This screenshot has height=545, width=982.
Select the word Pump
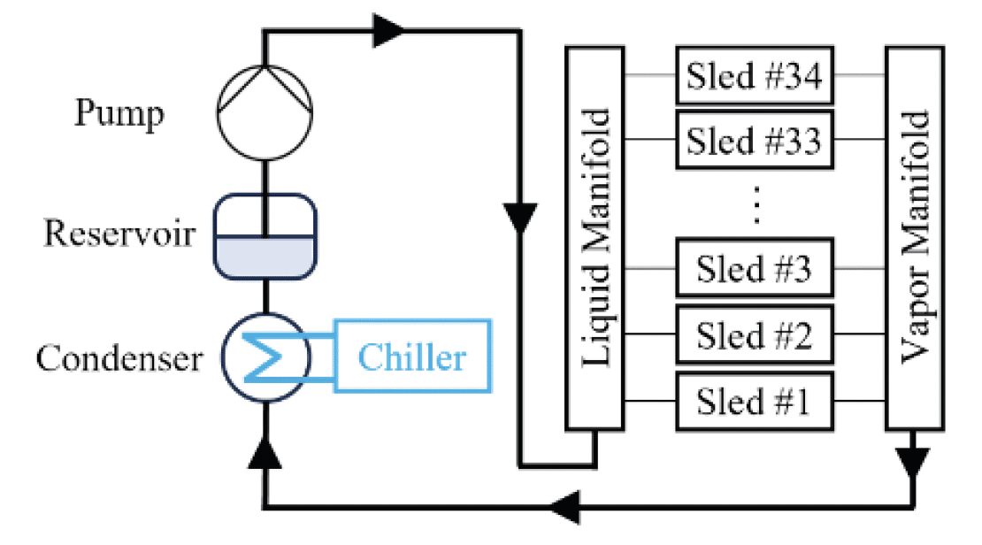[119, 113]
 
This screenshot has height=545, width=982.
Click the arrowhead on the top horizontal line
[387, 31]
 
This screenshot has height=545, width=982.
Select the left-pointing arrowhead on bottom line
[565, 507]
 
